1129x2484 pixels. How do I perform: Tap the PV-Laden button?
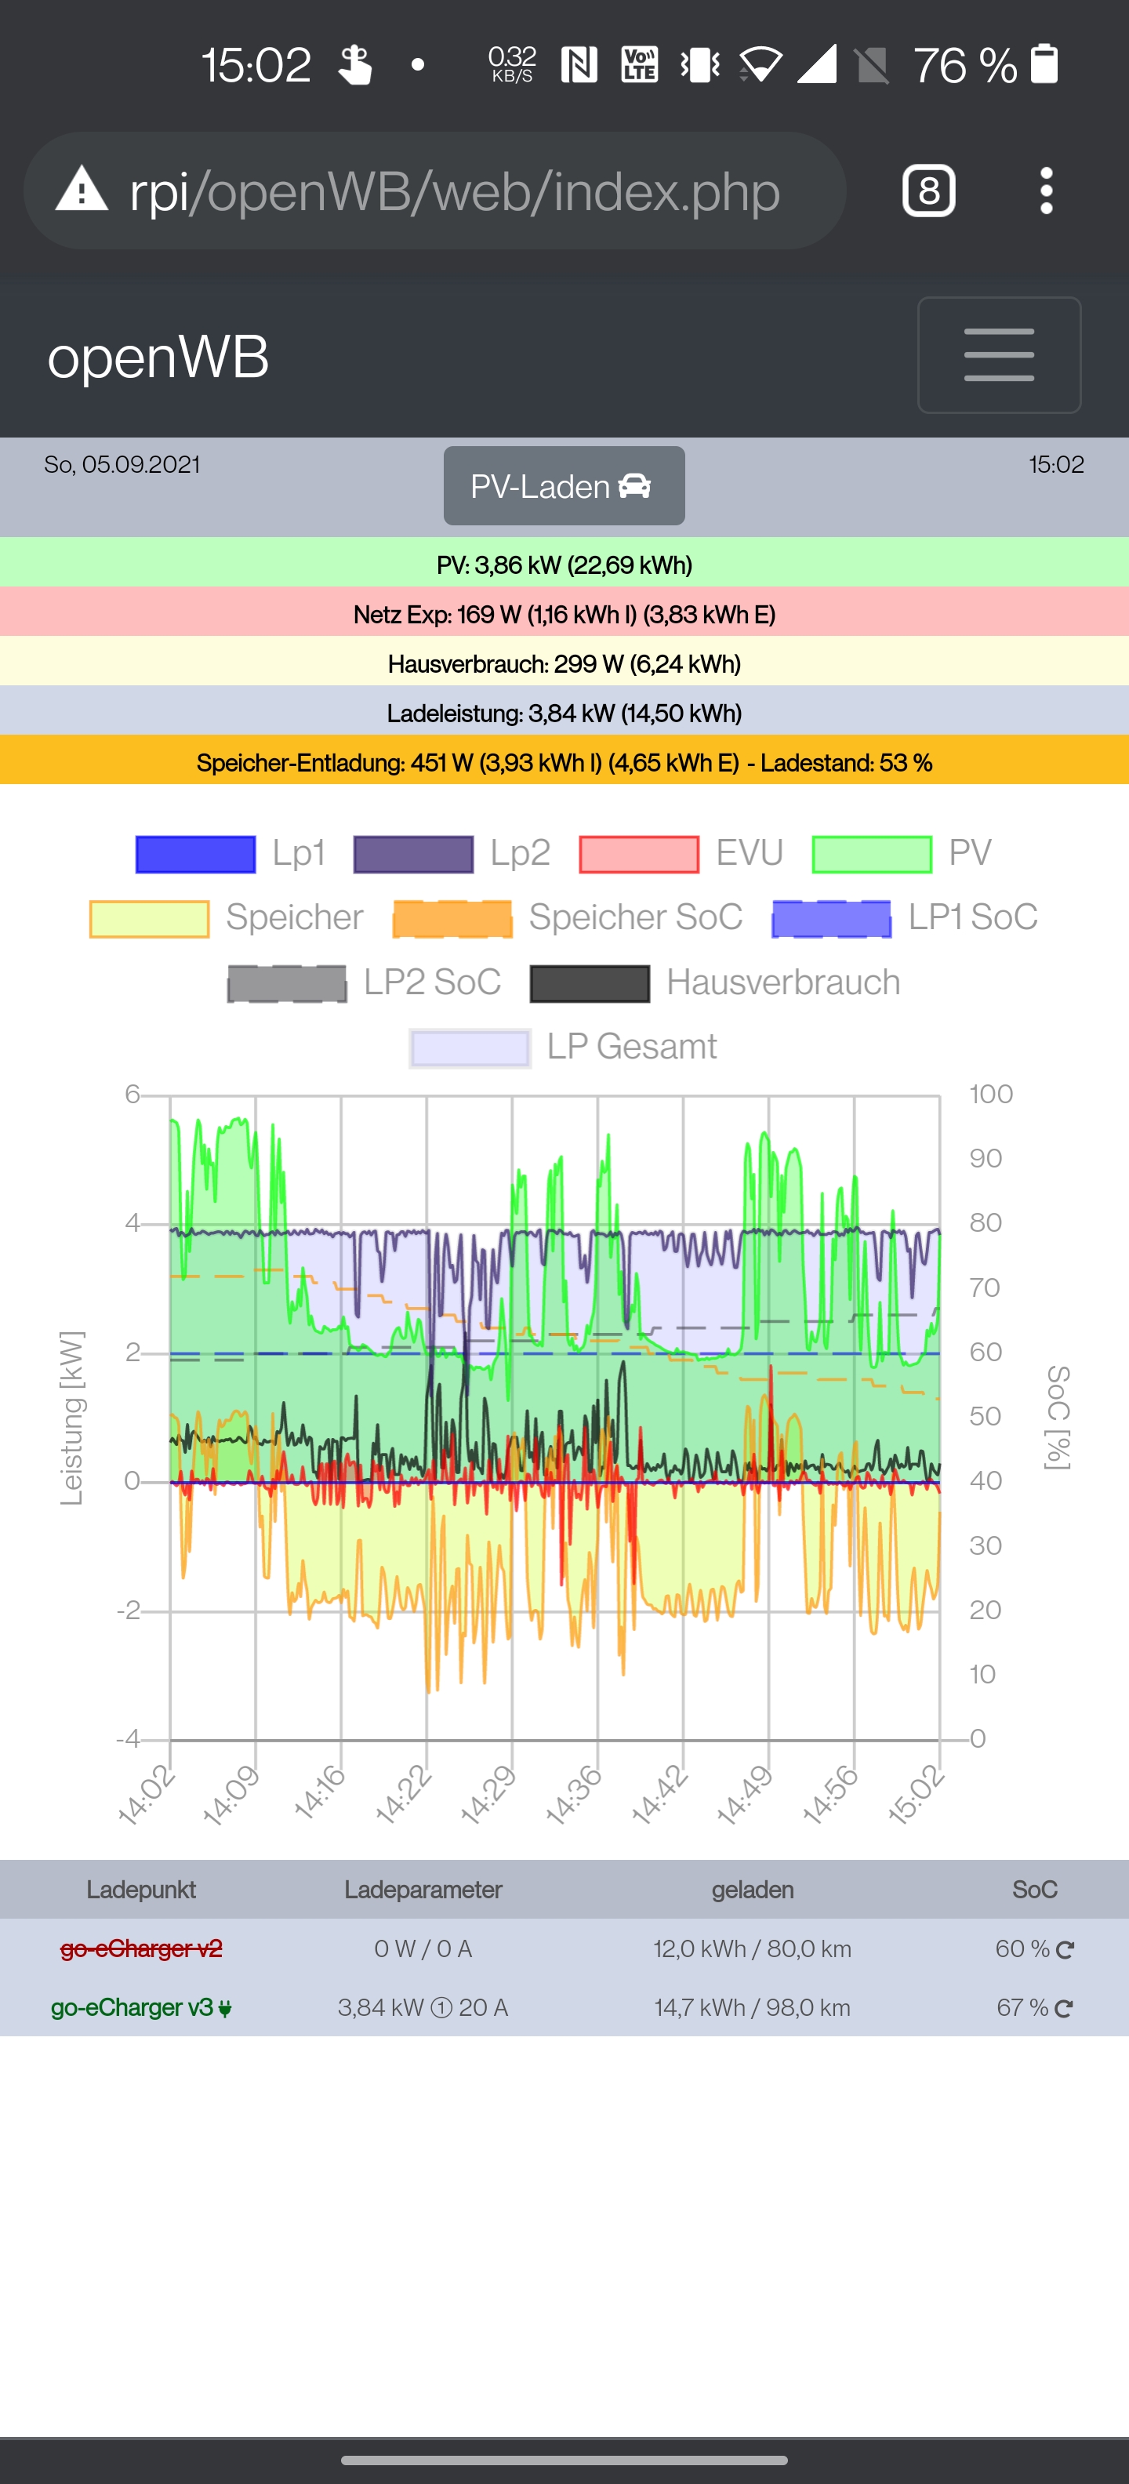pos(564,486)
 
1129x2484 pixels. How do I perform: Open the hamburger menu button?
pos(998,355)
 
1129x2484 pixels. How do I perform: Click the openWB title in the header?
pos(158,357)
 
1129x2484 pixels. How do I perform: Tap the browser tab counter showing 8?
pos(928,191)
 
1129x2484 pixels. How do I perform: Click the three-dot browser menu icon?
pos(1046,191)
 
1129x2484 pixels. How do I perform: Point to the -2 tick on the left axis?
pos(129,1611)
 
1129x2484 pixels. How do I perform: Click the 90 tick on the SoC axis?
pos(986,1158)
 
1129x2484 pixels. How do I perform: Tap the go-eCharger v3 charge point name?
pos(132,2007)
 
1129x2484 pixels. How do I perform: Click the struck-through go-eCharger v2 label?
pos(141,1948)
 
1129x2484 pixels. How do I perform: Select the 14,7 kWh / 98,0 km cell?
pos(752,2007)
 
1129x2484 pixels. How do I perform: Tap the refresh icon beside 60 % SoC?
pos(1065,1950)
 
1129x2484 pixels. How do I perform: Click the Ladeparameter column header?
pos(423,1890)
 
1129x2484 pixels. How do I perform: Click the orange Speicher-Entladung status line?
pos(564,763)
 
